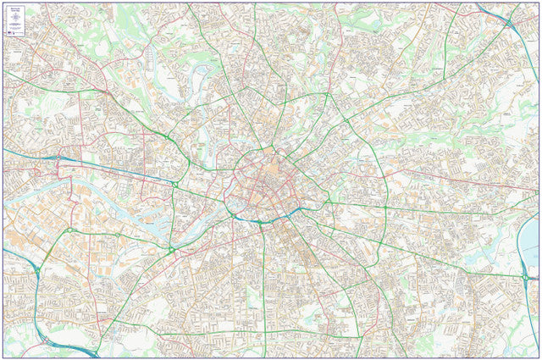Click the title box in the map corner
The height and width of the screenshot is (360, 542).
[x=18, y=19]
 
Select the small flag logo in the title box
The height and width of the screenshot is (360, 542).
[x=8, y=32]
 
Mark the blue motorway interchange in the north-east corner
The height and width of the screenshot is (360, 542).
[x=506, y=19]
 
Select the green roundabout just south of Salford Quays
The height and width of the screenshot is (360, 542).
[x=170, y=250]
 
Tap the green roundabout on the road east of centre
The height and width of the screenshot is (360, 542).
[x=385, y=207]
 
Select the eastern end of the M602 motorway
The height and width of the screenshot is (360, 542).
[x=174, y=183]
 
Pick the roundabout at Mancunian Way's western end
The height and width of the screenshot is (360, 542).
[x=232, y=215]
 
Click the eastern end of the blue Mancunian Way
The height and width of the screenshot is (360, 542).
[x=292, y=212]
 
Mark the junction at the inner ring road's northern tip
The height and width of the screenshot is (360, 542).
[x=268, y=150]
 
